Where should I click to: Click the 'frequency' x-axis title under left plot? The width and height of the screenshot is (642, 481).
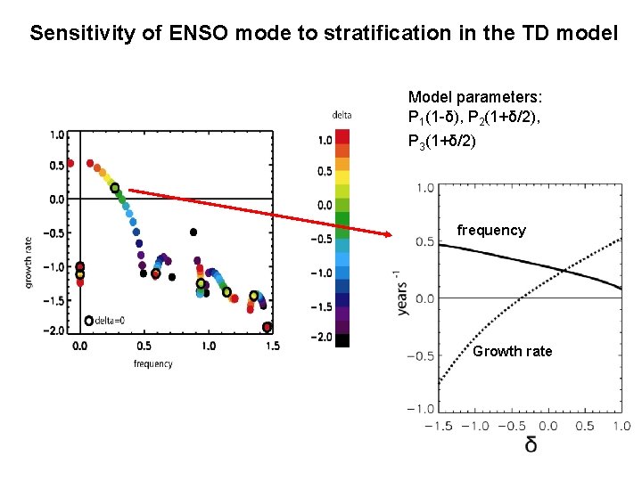point(152,363)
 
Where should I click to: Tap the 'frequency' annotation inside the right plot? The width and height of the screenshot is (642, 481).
point(491,230)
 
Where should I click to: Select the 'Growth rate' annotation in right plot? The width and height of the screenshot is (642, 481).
point(513,351)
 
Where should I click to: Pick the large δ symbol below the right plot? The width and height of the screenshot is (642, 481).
point(531,443)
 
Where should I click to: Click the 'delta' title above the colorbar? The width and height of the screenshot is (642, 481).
point(342,115)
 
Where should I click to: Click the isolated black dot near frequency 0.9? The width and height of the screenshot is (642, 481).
point(193,232)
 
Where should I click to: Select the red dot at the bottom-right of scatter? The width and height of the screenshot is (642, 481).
point(267,327)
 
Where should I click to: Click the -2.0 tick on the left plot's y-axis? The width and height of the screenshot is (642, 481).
point(55,330)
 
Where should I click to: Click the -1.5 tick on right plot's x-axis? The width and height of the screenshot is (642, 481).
point(436,426)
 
